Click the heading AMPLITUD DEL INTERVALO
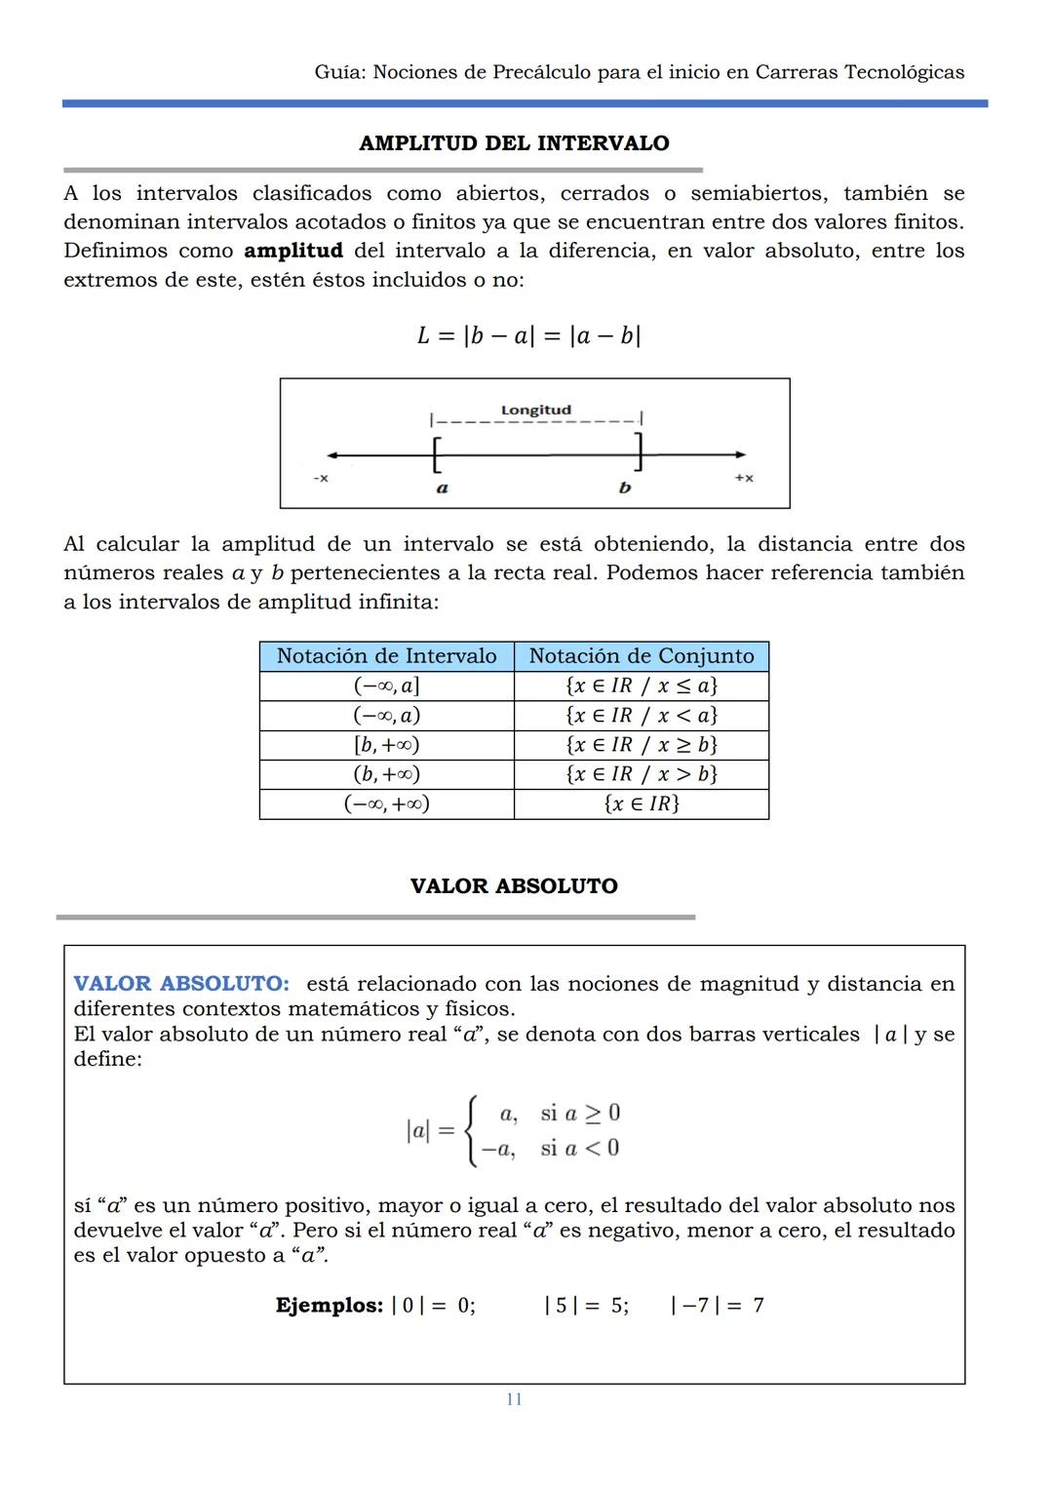(514, 143)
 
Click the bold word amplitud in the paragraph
(292, 251)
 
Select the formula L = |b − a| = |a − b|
(527, 335)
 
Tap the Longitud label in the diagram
(535, 410)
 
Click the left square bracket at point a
(436, 453)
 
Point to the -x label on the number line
(320, 479)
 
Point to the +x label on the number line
(743, 478)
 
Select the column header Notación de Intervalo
(386, 656)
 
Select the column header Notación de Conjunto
(641, 656)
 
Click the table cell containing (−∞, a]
(386, 686)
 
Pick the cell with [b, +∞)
(386, 745)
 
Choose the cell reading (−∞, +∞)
(386, 803)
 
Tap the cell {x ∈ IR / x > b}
(641, 774)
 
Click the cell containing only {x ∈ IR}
(641, 803)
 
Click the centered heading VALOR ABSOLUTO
(514, 886)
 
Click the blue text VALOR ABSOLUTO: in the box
(181, 983)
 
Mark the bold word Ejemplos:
(329, 1305)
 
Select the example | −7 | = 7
(717, 1305)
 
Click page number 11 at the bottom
(514, 1399)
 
